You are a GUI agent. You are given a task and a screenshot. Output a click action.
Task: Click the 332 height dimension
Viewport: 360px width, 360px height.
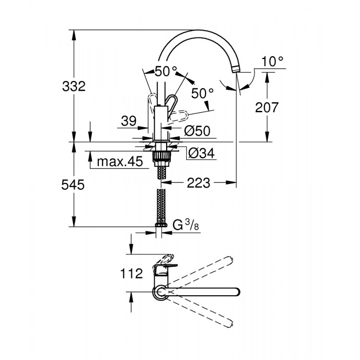coord(74,86)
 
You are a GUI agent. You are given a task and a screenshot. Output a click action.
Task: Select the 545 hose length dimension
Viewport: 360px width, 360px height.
coord(73,185)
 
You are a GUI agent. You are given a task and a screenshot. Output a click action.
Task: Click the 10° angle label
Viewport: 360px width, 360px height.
coord(273,61)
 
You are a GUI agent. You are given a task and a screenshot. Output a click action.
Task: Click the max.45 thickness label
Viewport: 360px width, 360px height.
coord(120,162)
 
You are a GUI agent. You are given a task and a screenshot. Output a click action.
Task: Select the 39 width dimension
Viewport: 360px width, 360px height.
coord(129,121)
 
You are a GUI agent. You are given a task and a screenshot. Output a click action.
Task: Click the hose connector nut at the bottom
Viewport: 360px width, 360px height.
coord(160,224)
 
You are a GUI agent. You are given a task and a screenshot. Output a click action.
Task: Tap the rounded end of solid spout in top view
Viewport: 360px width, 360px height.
coord(236,291)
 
